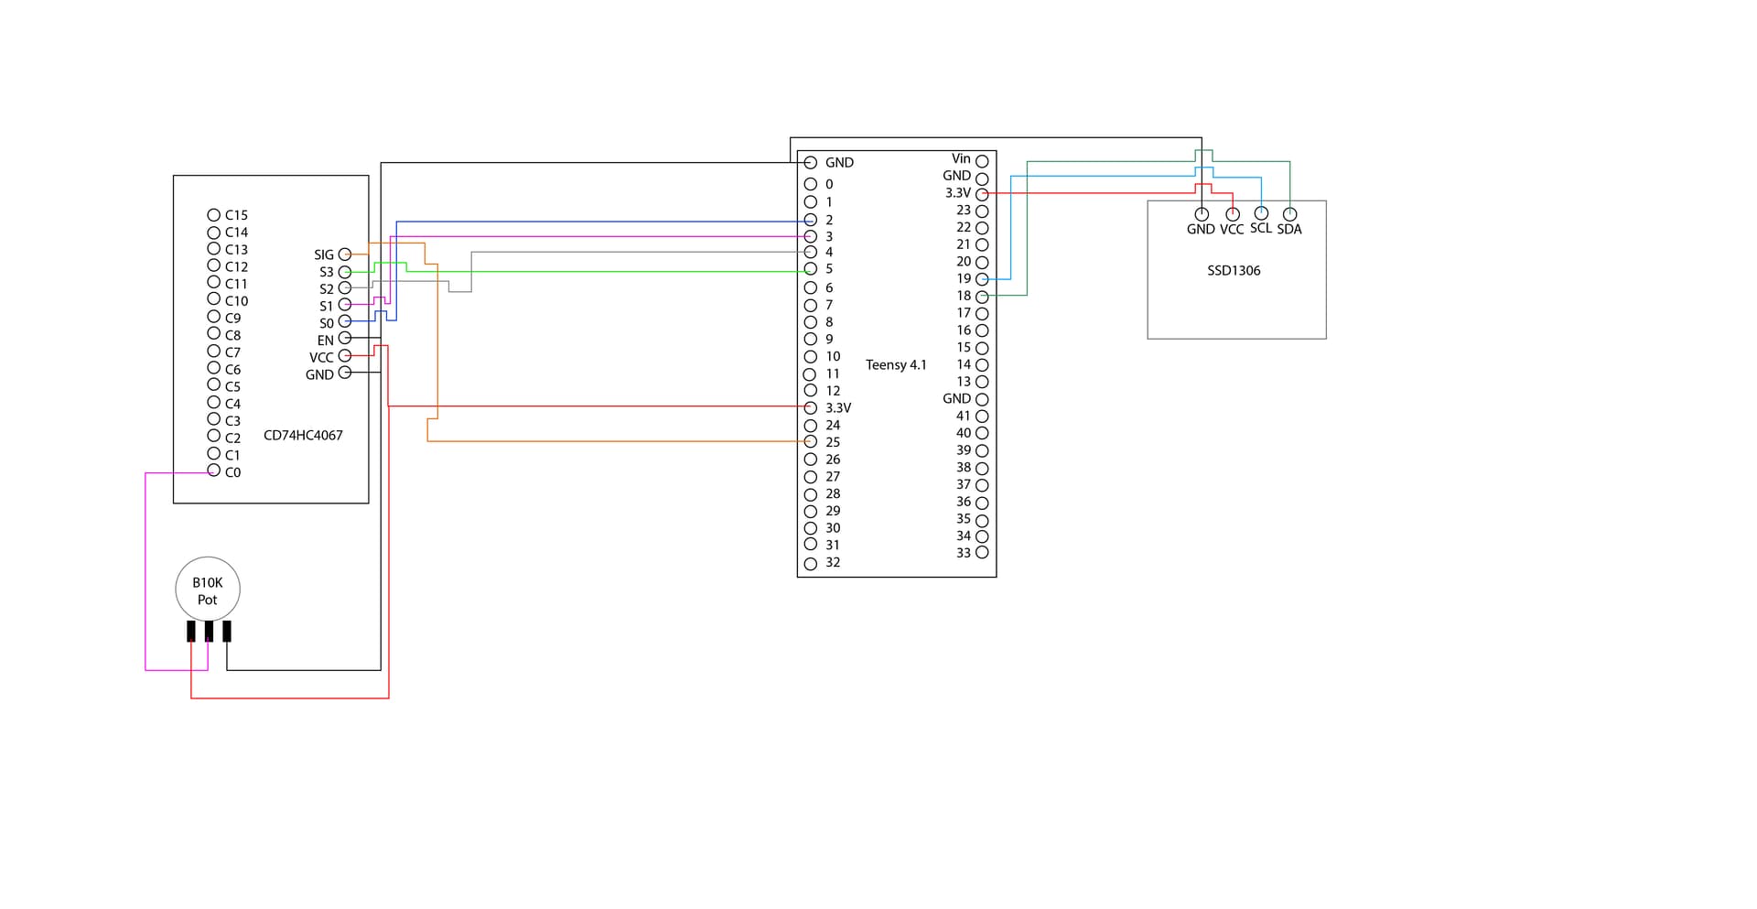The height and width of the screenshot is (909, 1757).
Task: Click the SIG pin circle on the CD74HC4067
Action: tap(345, 254)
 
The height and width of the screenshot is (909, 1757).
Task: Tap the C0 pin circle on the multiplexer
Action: tap(214, 471)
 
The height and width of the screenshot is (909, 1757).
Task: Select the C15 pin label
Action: tap(236, 215)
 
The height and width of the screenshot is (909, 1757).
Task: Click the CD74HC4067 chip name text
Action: tap(303, 436)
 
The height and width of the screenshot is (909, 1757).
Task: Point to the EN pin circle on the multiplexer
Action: tap(345, 338)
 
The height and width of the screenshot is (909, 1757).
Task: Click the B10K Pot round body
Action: tap(208, 590)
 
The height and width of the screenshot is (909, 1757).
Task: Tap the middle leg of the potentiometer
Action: tap(209, 631)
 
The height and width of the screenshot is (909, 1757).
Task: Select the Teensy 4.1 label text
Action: tap(896, 365)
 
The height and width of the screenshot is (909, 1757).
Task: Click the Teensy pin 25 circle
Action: tap(810, 442)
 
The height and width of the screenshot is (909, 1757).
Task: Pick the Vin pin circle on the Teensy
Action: tap(982, 161)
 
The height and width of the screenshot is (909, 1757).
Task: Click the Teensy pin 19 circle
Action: tap(982, 278)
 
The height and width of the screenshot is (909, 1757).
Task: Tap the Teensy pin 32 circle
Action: tap(810, 564)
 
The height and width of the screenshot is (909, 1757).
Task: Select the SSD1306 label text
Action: tap(1234, 271)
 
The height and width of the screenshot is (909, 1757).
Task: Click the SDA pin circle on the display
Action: tap(1289, 214)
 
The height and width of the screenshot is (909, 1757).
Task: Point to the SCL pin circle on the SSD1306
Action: tap(1261, 213)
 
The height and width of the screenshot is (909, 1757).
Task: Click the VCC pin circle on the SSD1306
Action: tap(1233, 214)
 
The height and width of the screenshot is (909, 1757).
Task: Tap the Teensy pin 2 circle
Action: tap(810, 221)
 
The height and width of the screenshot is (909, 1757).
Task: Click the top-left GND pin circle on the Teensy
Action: tap(810, 162)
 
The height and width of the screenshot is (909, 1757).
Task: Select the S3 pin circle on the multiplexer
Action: tap(345, 272)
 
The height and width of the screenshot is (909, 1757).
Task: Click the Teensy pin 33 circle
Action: tap(982, 553)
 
